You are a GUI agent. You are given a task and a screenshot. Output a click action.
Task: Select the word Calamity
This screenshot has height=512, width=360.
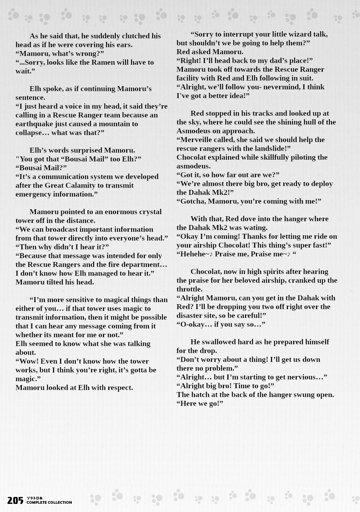[81, 185]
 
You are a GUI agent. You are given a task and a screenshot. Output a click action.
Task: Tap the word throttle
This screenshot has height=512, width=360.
[189, 289]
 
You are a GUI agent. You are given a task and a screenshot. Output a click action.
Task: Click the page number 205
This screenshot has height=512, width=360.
[15, 500]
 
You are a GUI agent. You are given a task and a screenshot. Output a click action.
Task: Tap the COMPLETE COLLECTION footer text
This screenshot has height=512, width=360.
[49, 503]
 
